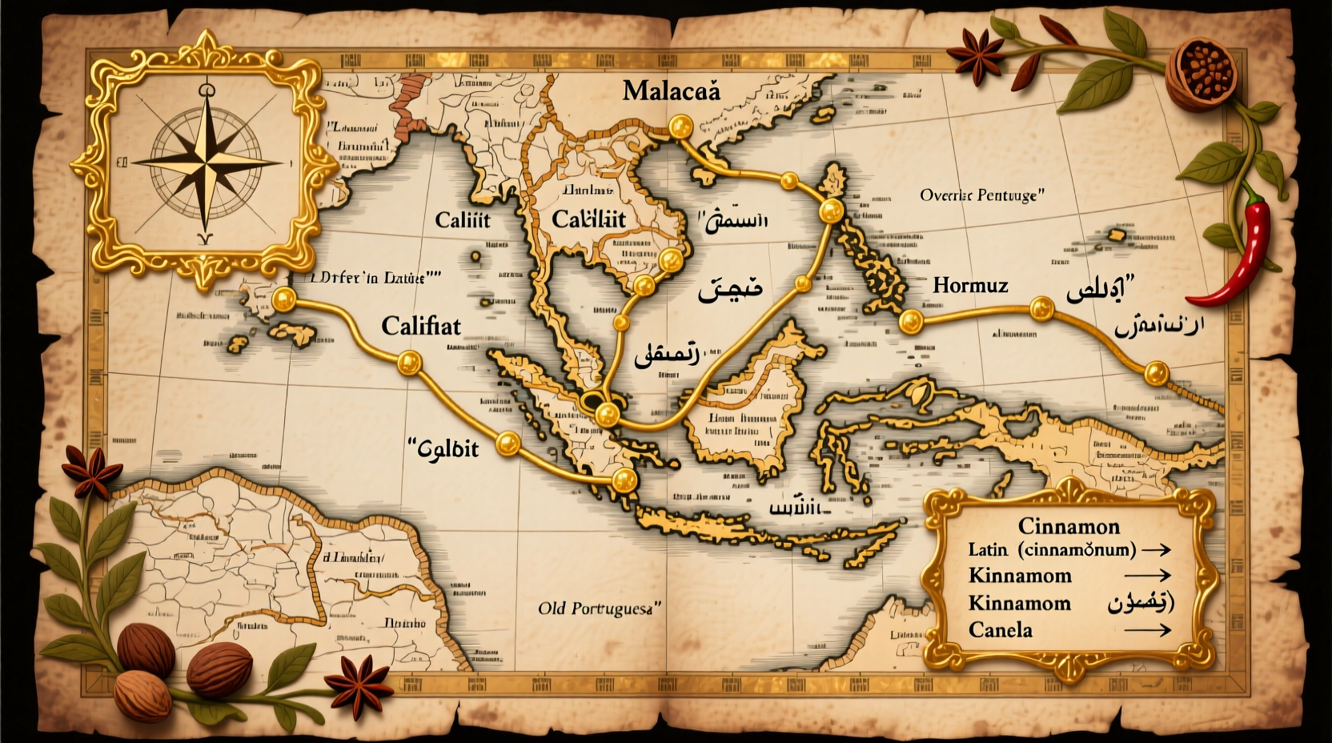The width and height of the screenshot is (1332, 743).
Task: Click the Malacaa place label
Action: pyautogui.click(x=671, y=90)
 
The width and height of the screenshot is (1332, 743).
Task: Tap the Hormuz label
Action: pyautogui.click(x=970, y=285)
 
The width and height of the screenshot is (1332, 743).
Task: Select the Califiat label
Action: pyautogui.click(x=421, y=326)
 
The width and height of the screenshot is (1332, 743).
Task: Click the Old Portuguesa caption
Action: pyautogui.click(x=600, y=608)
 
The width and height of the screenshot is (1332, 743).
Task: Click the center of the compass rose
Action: pyautogui.click(x=207, y=163)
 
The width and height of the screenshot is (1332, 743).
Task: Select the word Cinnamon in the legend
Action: pyautogui.click(x=1069, y=526)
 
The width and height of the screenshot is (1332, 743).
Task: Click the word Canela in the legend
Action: pyautogui.click(x=1001, y=630)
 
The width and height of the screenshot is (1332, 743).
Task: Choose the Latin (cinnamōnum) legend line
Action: pyautogui.click(x=1052, y=550)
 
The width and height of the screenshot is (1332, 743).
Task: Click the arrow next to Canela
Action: pyautogui.click(x=1149, y=631)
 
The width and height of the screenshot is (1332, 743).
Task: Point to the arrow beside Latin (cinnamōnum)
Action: pyautogui.click(x=1156, y=550)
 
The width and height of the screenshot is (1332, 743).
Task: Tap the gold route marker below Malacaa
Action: pyautogui.click(x=680, y=126)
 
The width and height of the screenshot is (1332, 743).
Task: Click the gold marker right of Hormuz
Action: pyautogui.click(x=1041, y=308)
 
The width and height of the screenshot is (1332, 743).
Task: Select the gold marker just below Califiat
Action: pyautogui.click(x=409, y=363)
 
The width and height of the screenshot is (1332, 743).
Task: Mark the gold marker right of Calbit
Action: pyautogui.click(x=508, y=444)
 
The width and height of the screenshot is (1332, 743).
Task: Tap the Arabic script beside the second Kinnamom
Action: pyautogui.click(x=1141, y=603)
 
